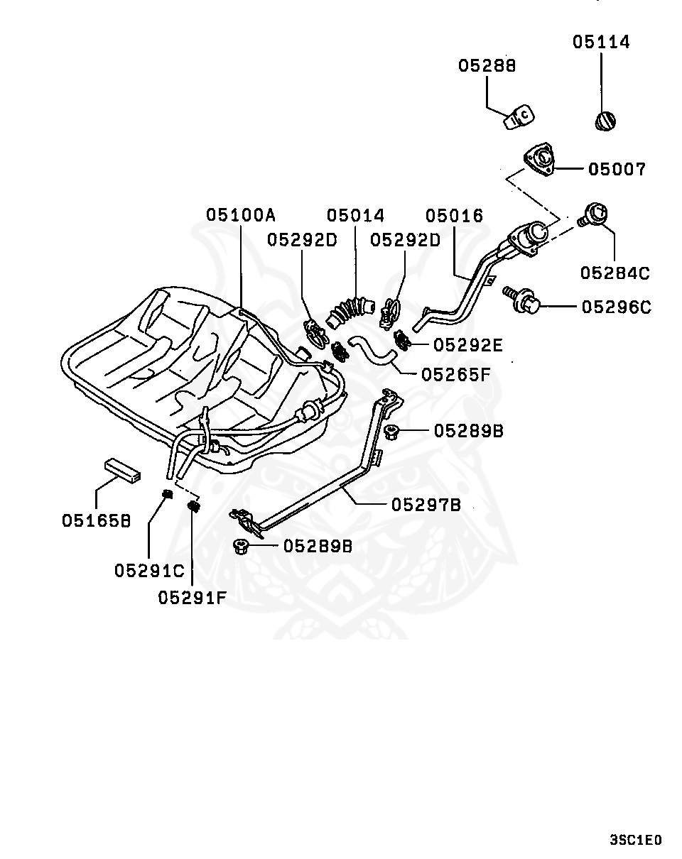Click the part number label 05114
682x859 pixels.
pos(601,42)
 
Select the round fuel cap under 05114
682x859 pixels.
pos(606,121)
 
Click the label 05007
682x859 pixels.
pos(617,169)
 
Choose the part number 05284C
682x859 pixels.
pos(615,273)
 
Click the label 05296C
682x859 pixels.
pos(616,307)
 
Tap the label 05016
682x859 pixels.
pos(455,216)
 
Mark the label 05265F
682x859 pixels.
pos(455,374)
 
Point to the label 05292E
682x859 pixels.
pos(467,345)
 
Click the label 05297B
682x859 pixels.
pos(426,505)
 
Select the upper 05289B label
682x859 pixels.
pos(469,430)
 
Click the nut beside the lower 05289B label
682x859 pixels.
pos(239,546)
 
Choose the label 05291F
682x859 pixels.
pos(192,598)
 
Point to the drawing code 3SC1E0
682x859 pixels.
pos(635,840)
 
